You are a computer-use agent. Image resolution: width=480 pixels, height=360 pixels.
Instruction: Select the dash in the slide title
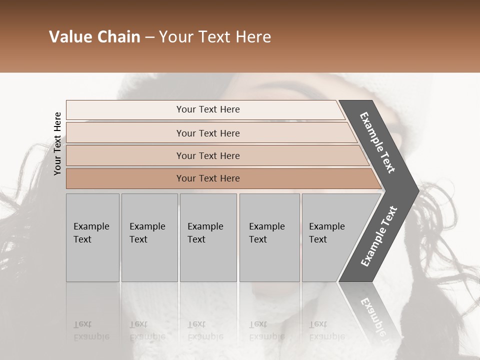click(149, 37)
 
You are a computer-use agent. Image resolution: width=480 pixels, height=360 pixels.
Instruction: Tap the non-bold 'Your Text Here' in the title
click(215, 37)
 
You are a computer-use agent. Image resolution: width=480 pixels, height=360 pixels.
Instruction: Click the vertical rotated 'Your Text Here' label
click(57, 143)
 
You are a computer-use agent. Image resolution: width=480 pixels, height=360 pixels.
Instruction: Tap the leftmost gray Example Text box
click(92, 237)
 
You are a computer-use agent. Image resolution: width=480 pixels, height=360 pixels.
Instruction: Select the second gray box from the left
click(149, 237)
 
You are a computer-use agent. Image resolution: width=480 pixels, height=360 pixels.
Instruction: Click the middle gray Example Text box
click(208, 237)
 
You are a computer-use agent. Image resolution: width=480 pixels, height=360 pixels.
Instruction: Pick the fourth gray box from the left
click(269, 237)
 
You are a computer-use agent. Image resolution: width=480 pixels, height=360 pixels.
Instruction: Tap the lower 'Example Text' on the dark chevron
click(379, 236)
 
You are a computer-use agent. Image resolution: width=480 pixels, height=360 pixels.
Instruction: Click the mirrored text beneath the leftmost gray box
click(91, 330)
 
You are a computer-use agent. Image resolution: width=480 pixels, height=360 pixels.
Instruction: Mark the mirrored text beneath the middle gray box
click(205, 330)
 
